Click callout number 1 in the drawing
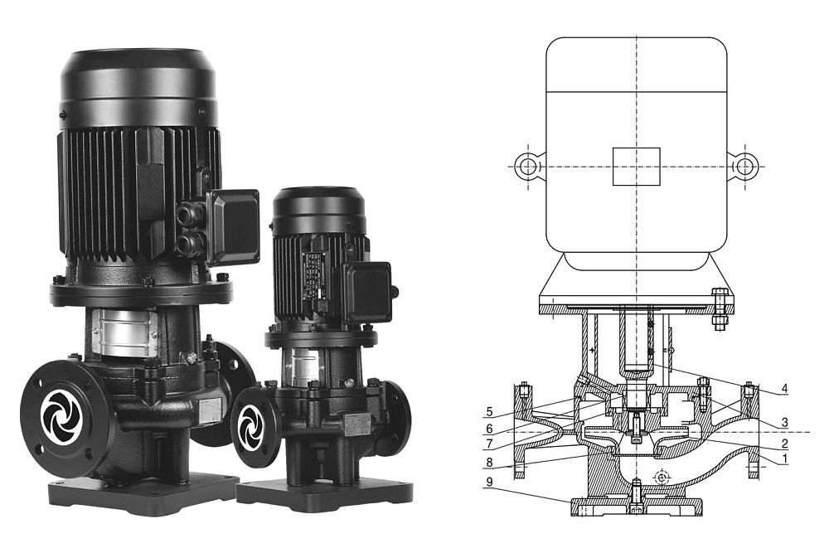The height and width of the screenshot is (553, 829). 784,458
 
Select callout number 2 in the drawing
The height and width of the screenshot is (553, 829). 784,444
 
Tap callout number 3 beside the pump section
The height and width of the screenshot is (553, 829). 784,422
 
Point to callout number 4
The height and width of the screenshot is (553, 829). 784,389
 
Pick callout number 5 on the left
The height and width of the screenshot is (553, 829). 490,411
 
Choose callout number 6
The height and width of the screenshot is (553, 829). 490,429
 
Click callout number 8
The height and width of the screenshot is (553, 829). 490,463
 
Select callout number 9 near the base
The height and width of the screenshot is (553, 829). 490,482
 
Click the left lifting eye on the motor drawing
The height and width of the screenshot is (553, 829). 528,167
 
